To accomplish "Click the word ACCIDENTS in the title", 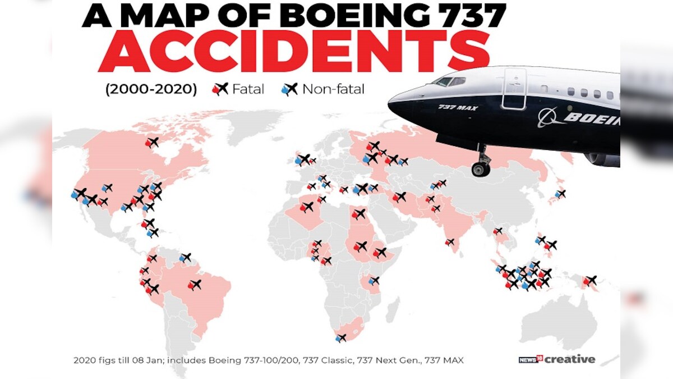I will (x=294, y=53).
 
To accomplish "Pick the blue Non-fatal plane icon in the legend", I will (x=290, y=89).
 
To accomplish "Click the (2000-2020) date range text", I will (x=151, y=89).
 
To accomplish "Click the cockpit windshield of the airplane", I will (x=449, y=81).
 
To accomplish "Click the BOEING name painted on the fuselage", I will (x=592, y=118).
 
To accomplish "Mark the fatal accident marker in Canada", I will (x=151, y=143).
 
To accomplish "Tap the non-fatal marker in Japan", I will (x=559, y=194).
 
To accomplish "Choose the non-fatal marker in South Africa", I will (x=340, y=337).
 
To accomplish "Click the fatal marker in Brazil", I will (x=195, y=285).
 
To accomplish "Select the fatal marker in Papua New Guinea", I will (x=589, y=280).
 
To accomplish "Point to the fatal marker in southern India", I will (x=450, y=242).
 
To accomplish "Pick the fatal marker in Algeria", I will (x=307, y=207).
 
